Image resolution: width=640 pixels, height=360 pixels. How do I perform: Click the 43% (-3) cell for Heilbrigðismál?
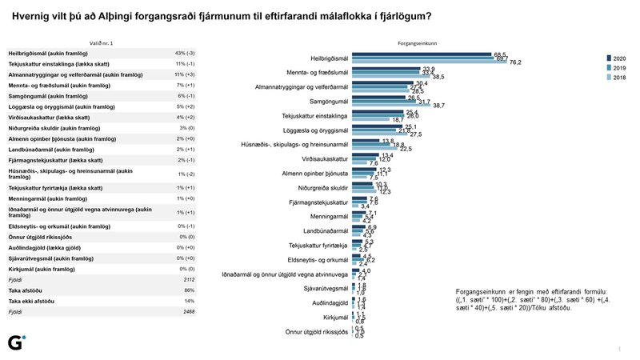[x=185, y=52]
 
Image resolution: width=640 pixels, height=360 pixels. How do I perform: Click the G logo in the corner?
[x=15, y=342]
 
